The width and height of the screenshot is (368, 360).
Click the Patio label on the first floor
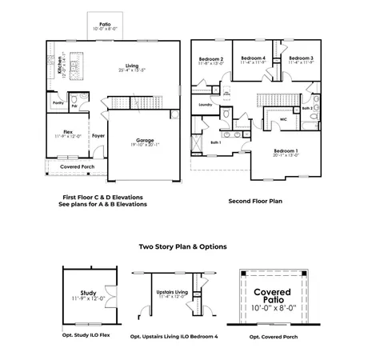[x=106, y=25]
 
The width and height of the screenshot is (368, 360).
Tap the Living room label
[x=131, y=66]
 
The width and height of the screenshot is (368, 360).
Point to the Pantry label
[x=58, y=103]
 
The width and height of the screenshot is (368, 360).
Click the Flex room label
[x=71, y=132]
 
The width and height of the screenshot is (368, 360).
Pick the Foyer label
[x=98, y=135]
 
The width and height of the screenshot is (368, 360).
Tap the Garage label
[x=144, y=139]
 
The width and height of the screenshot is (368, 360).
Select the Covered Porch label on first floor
[x=77, y=166]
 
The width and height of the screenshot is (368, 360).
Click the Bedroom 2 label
[x=211, y=58]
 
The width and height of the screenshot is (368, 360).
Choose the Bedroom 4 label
[x=253, y=58]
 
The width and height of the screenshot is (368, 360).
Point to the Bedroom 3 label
[x=300, y=58]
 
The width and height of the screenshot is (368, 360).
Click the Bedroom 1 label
[x=286, y=150]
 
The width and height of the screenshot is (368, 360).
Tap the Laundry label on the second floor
[x=205, y=105]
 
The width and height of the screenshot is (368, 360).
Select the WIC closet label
[x=282, y=120]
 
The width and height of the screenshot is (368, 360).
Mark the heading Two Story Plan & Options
[x=182, y=246]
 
